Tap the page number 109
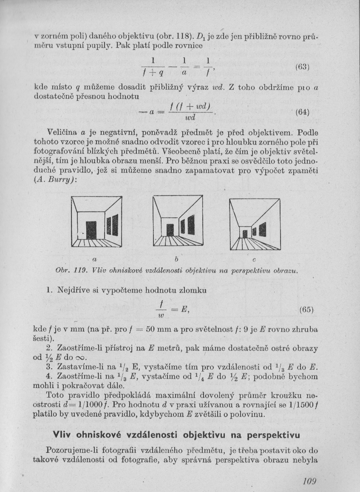click(x=308, y=481)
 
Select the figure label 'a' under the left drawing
click(x=94, y=258)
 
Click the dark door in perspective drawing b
click(x=170, y=230)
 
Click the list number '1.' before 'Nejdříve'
click(x=49, y=290)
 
